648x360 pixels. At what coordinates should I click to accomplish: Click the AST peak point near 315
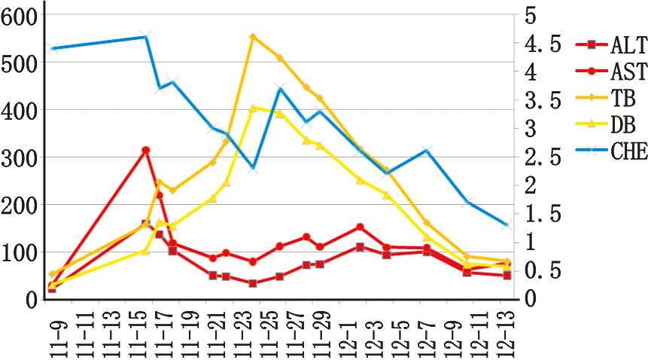[x=146, y=151]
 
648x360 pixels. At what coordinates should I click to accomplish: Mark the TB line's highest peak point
[x=253, y=37]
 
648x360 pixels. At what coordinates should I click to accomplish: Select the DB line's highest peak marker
[x=253, y=108]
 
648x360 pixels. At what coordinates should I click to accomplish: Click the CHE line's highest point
[x=146, y=37]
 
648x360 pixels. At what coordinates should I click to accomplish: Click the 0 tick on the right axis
[x=529, y=299]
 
